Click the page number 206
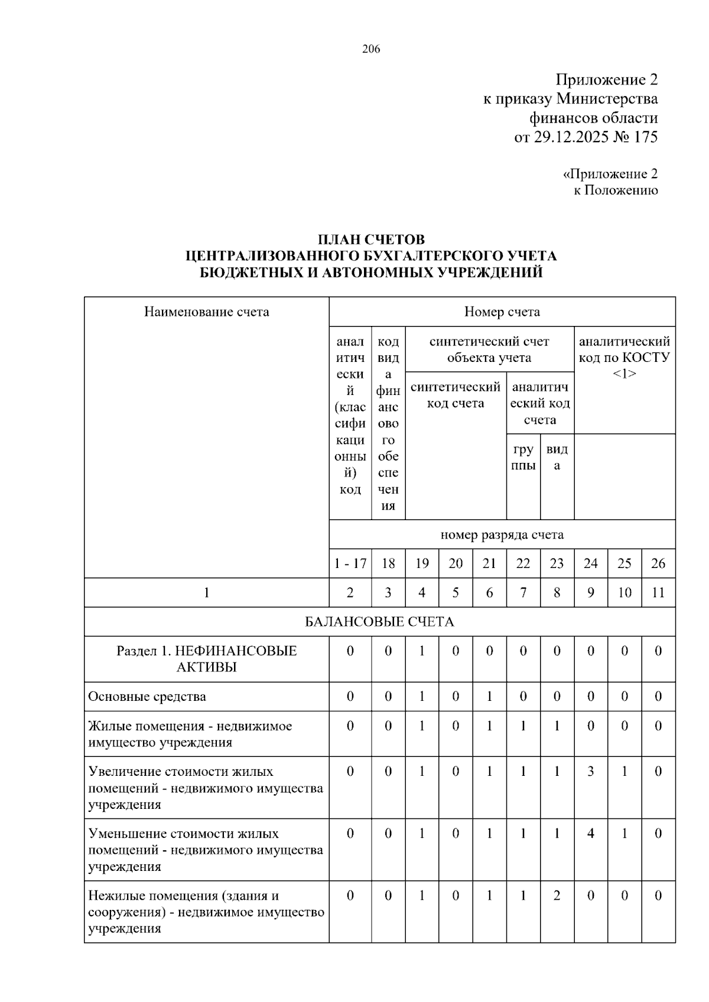click(x=371, y=49)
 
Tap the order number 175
click(x=645, y=137)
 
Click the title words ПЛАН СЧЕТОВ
click(x=371, y=240)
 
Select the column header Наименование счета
click(x=206, y=312)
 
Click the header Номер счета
click(x=502, y=312)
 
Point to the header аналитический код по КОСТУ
click(x=625, y=357)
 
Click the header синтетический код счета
click(x=455, y=395)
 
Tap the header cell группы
click(x=523, y=457)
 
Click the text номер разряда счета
click(x=502, y=535)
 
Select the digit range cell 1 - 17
click(x=350, y=563)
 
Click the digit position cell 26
click(x=658, y=563)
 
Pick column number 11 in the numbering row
click(x=658, y=593)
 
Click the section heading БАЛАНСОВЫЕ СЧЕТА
click(x=379, y=622)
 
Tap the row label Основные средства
click(x=147, y=697)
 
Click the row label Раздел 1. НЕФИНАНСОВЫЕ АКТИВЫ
click(x=206, y=659)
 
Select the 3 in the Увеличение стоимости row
click(x=590, y=771)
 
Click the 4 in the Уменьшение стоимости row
click(x=590, y=834)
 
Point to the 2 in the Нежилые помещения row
click(x=557, y=896)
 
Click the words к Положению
click(x=616, y=190)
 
